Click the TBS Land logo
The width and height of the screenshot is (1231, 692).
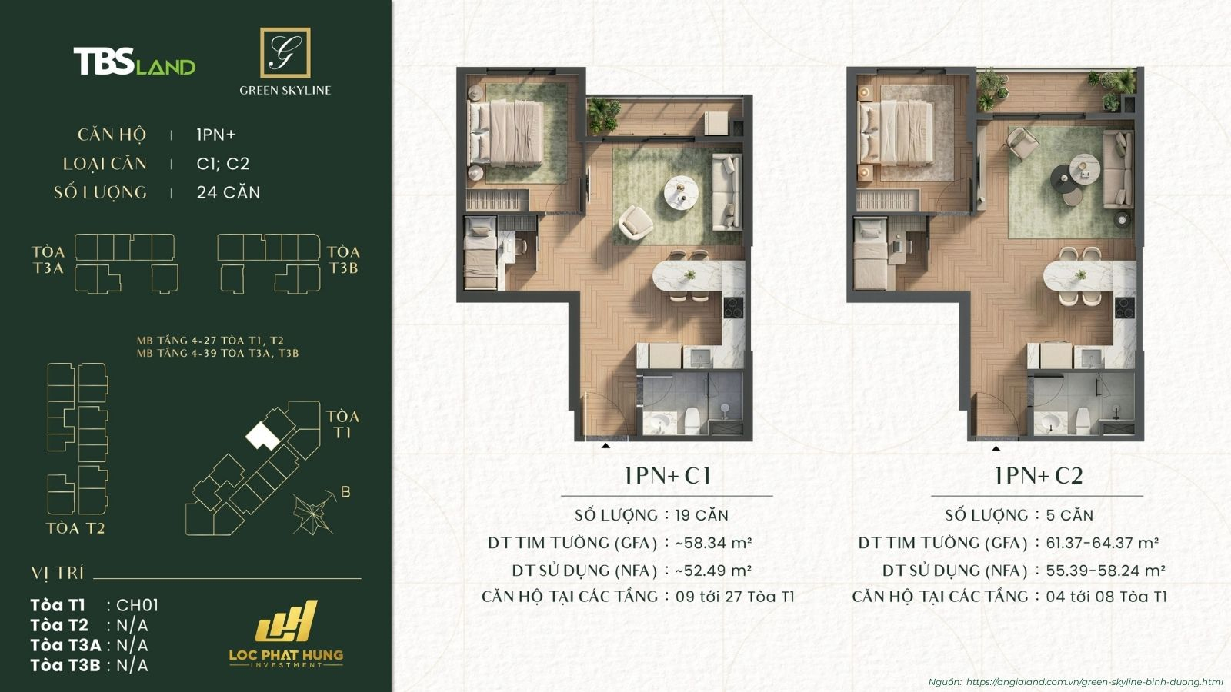134,62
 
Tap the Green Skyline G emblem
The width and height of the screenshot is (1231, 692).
285,52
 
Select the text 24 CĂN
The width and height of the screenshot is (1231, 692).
229,192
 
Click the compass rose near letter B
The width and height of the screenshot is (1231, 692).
312,514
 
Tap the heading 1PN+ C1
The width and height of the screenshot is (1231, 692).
667,476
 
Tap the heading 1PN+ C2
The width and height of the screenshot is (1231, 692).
1038,476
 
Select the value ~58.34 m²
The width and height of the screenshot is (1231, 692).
713,543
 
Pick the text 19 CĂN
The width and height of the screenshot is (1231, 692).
702,515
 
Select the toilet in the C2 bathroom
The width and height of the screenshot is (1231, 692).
1083,420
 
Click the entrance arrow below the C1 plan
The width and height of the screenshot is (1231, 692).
606,445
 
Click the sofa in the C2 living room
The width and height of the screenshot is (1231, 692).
1116,171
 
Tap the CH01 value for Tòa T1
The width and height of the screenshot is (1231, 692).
138,605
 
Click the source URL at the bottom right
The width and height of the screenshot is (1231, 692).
1093,682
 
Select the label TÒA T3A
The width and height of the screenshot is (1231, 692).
48,260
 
